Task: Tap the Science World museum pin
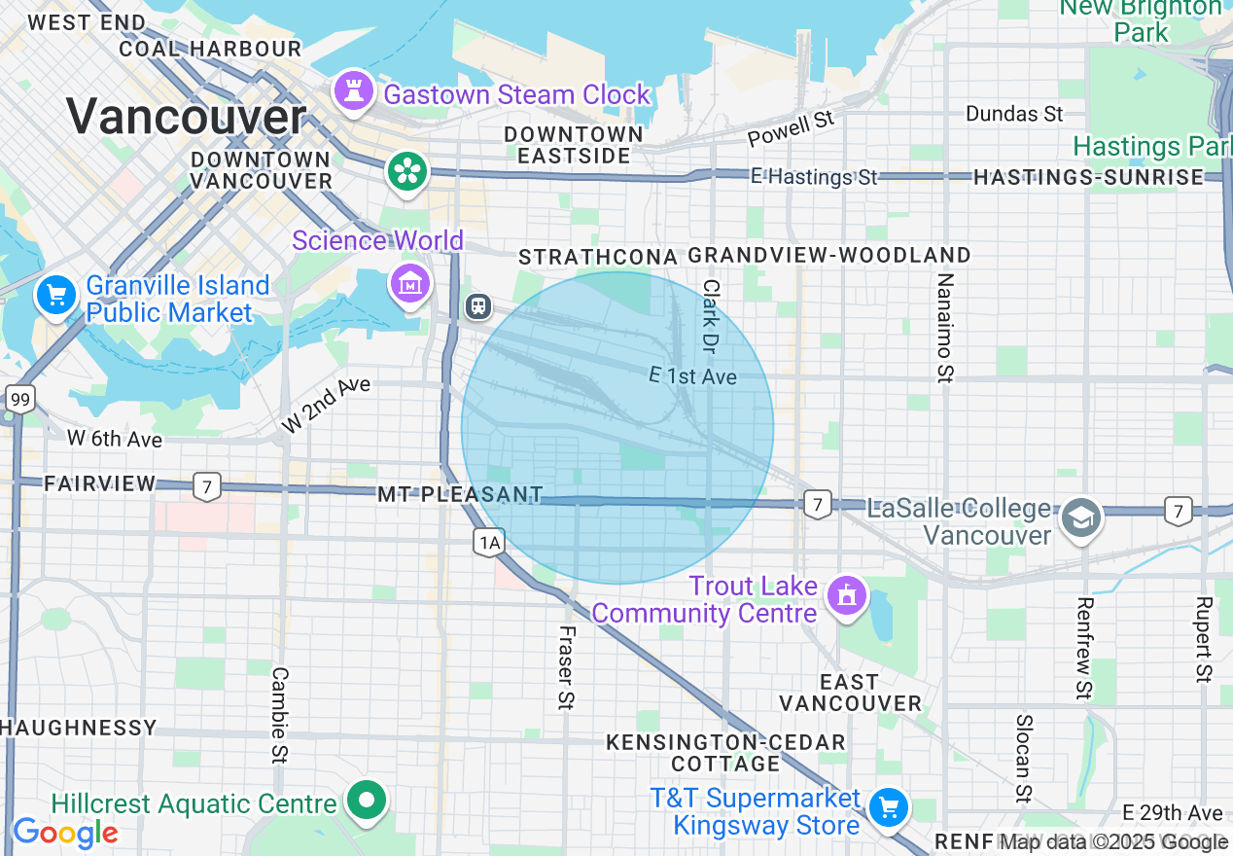(409, 283)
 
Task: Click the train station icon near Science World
(477, 305)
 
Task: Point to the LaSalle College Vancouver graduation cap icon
(1080, 517)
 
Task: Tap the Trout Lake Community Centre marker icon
(846, 595)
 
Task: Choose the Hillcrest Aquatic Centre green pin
(368, 802)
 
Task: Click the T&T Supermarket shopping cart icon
(888, 807)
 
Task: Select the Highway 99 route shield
(19, 398)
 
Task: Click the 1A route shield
(488, 542)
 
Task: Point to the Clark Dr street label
(712, 316)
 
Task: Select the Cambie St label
(280, 715)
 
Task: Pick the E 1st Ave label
(692, 375)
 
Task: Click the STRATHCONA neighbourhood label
(598, 257)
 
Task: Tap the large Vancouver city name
(187, 117)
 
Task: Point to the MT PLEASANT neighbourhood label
(460, 494)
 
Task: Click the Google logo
(65, 833)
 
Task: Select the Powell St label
(792, 128)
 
